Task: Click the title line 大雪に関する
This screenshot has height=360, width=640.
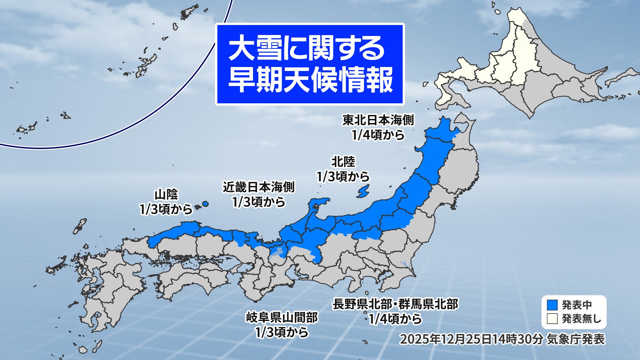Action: (x=307, y=49)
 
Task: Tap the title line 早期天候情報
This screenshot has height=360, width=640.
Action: (x=310, y=80)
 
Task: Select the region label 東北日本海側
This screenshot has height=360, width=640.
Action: (x=378, y=120)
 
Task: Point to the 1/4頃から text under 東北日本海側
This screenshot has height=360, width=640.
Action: (x=378, y=135)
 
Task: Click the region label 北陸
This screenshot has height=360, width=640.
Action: (x=343, y=162)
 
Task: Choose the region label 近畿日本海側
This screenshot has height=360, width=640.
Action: (x=259, y=187)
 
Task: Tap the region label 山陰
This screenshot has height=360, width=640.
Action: (x=166, y=194)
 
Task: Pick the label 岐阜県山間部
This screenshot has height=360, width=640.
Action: (x=282, y=317)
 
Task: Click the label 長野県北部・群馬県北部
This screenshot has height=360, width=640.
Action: (x=395, y=304)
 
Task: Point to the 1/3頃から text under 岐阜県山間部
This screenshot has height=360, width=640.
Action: (x=282, y=332)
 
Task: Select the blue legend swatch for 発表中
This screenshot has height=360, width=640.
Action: (x=552, y=305)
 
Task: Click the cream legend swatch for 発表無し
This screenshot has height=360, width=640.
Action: (x=552, y=319)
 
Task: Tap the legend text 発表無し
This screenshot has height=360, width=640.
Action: (x=582, y=319)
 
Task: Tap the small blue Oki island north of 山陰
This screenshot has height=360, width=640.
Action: (x=205, y=203)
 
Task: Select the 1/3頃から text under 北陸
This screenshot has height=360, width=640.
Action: (x=343, y=177)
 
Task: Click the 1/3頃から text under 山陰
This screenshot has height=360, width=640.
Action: (x=166, y=209)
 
